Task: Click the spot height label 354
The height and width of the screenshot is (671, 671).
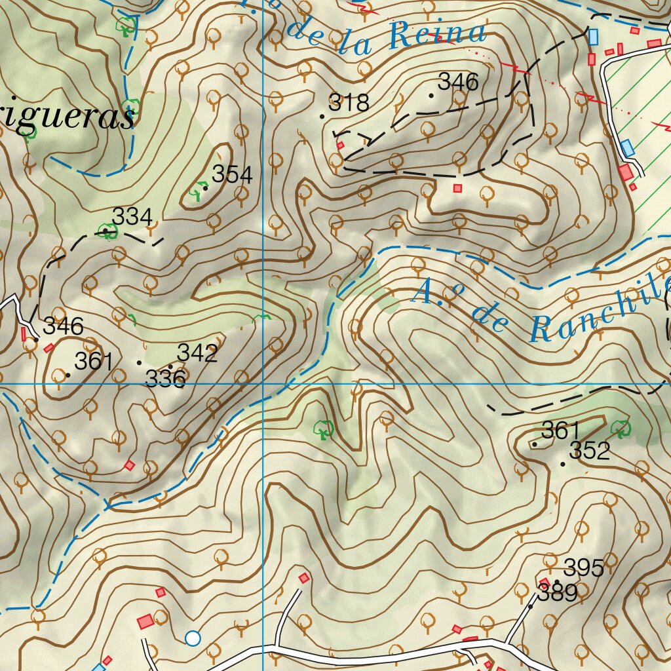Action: coord(232,174)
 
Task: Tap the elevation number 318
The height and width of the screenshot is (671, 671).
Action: coord(349,102)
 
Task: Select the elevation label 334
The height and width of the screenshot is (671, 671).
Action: coord(132,216)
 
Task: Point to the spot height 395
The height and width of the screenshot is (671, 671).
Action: coord(583,567)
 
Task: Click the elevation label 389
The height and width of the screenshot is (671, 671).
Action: coord(558,594)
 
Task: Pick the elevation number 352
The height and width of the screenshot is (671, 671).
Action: coord(590,451)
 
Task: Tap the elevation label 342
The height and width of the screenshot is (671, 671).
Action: coord(197,353)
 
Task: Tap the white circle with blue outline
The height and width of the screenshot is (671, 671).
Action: coord(192,638)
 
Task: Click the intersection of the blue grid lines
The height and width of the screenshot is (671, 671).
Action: coord(263,383)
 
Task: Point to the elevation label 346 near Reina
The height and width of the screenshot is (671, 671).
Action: coord(458,82)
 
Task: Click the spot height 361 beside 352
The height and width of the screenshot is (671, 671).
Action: coord(561,431)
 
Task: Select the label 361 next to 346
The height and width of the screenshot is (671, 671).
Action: coord(94,361)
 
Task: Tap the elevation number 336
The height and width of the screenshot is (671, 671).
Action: coord(165,379)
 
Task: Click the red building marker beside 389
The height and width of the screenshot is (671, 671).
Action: coord(545,583)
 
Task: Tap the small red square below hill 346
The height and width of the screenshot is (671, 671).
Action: coord(457,188)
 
